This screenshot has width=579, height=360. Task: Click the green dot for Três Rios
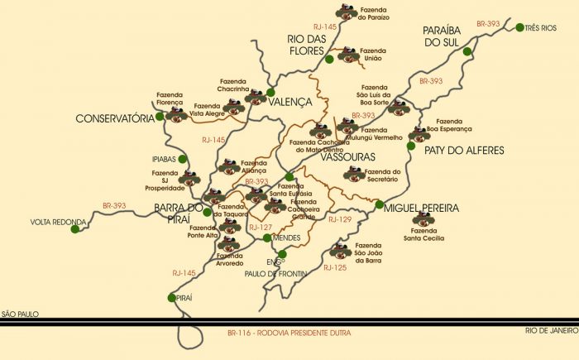tap(520, 28)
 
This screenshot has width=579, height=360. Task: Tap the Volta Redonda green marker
tap(75, 229)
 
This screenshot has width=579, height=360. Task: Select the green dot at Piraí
tap(172, 298)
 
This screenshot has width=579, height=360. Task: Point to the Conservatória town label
tap(114, 118)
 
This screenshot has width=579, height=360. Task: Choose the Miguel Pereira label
tap(421, 209)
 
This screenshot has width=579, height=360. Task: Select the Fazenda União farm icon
tap(348, 55)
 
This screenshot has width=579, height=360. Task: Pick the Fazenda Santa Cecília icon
tap(423, 219)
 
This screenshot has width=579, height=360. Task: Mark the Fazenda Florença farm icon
tap(175, 114)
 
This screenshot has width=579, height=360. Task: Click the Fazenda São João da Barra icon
tap(339, 251)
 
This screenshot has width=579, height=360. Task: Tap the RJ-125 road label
tap(335, 268)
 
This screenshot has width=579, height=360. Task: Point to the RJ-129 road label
tap(340, 220)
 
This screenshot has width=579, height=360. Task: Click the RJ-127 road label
tap(261, 227)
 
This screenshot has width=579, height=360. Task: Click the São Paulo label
tap(20, 314)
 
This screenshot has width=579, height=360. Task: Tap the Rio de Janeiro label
tap(549, 330)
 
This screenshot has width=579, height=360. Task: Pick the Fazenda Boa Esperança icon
tap(419, 133)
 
